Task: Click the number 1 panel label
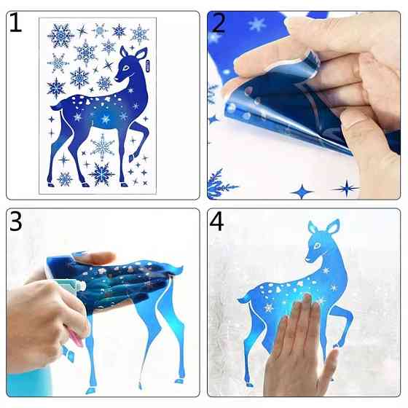[15, 23]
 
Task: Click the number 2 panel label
[218, 23]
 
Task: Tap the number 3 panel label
[15, 221]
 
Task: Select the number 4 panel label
[216, 221]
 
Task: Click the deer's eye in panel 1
[125, 68]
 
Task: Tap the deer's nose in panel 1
[116, 79]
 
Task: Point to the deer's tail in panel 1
[56, 106]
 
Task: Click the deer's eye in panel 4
[317, 246]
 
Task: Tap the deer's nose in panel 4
[307, 259]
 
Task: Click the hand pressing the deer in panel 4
[299, 346]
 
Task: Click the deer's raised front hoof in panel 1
[132, 157]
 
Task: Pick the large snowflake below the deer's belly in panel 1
[102, 146]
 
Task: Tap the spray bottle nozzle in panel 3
[80, 286]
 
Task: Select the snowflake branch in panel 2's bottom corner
[221, 184]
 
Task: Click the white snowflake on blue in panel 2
[257, 24]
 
